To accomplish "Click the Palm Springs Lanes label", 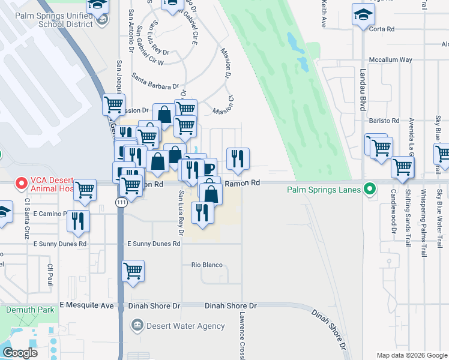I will [324, 190].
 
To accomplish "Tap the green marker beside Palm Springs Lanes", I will [370, 190].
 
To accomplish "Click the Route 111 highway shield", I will [121, 204].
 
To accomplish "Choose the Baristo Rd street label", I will [384, 121].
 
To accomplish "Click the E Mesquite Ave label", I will [86, 305].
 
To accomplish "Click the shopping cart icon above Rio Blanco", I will [133, 271].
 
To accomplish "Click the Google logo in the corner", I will [20, 353].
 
